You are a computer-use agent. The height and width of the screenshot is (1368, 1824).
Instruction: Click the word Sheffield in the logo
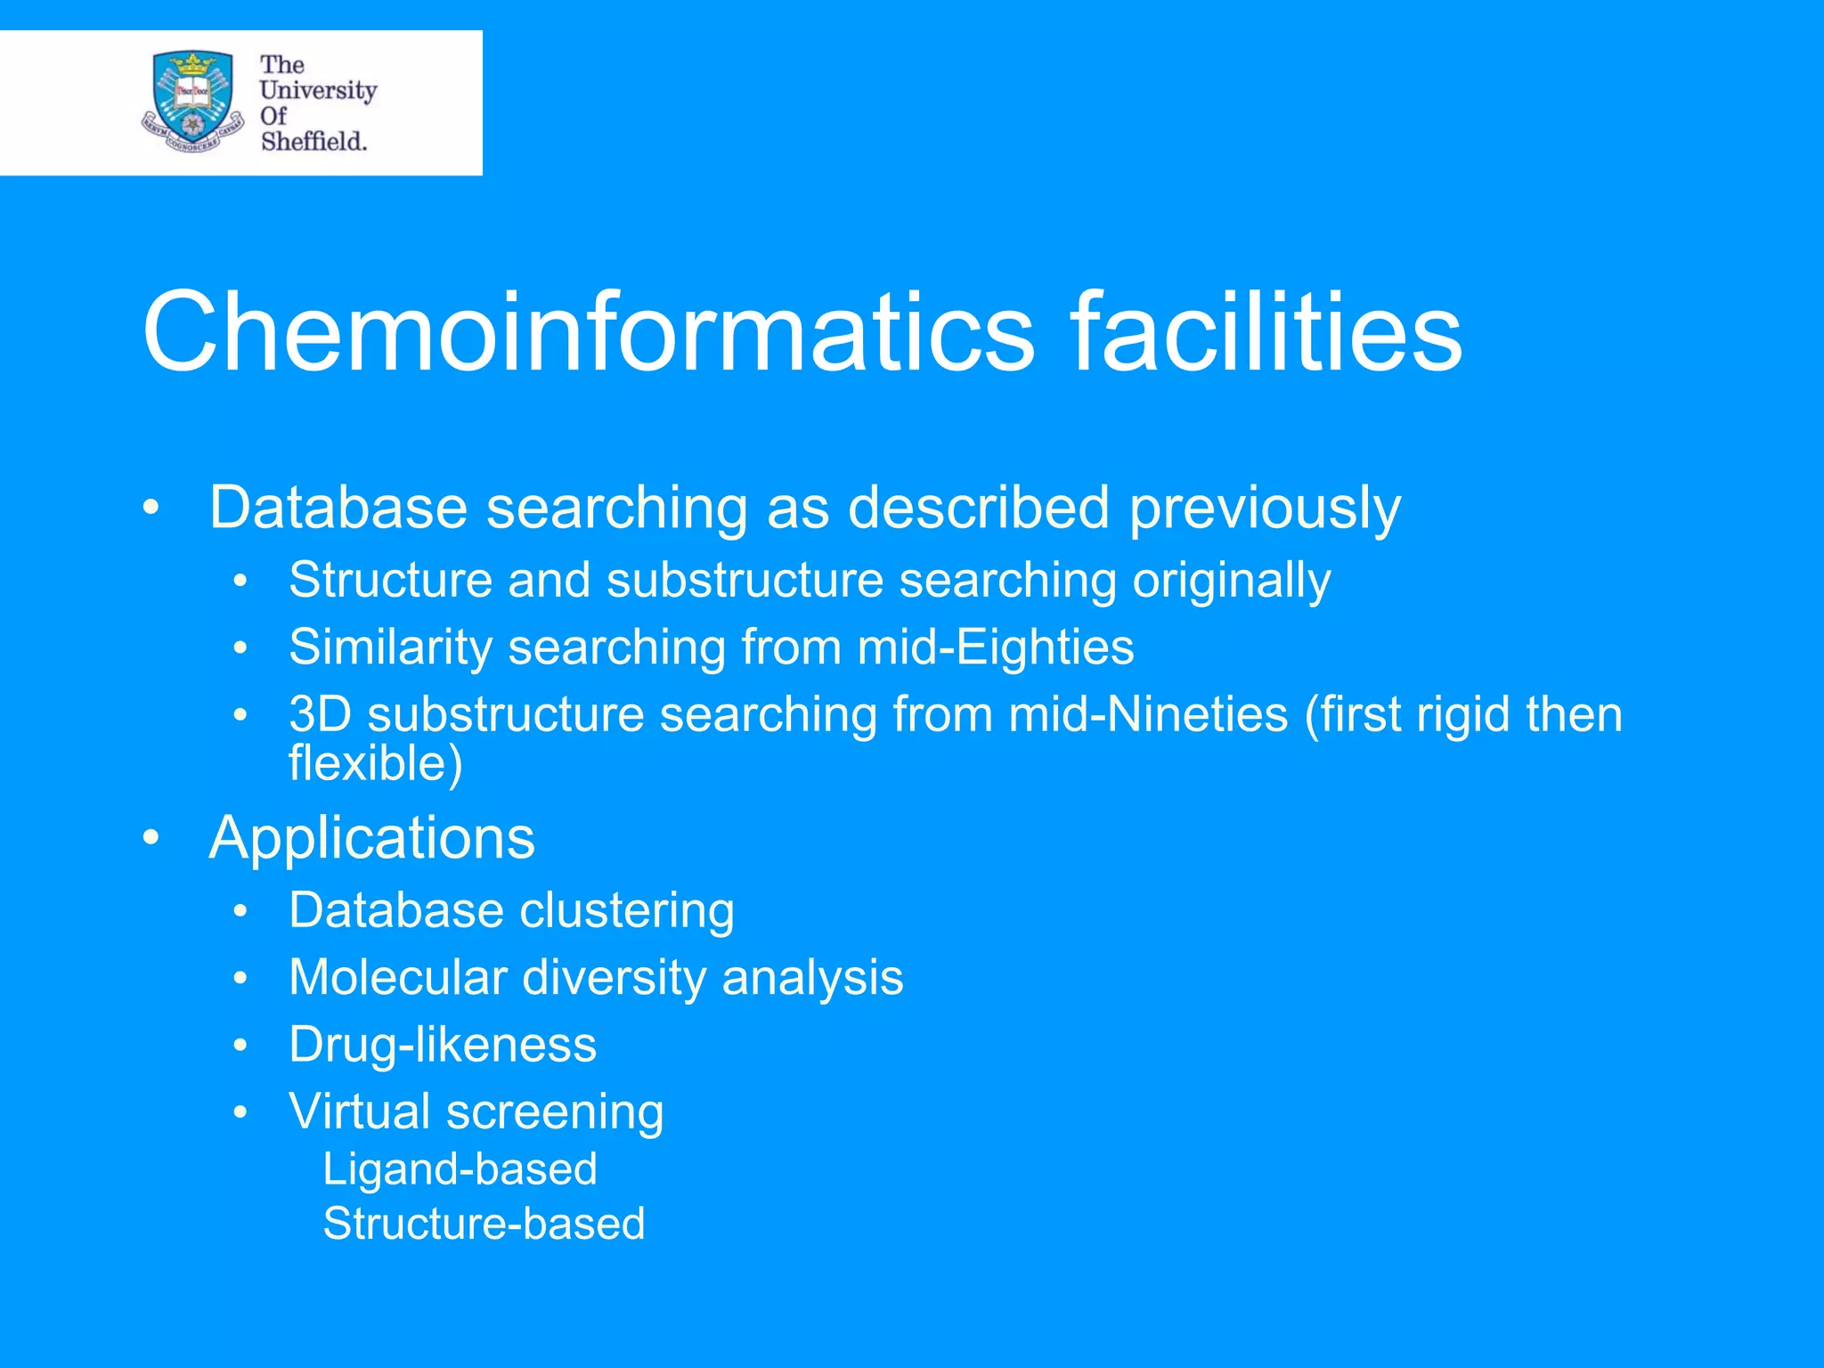313,141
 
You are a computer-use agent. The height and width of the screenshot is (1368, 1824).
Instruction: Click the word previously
1266,509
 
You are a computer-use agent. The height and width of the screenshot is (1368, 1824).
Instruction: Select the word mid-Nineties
1148,714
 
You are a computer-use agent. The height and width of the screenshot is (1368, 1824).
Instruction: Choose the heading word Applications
372,838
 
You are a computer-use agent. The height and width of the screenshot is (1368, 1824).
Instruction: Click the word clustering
627,911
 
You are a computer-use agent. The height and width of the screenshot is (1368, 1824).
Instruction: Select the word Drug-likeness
443,1045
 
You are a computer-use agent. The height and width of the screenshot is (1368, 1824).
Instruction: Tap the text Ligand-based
460,1169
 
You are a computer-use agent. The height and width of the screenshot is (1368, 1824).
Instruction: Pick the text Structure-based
484,1224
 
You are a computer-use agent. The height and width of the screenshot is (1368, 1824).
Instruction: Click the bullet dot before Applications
151,839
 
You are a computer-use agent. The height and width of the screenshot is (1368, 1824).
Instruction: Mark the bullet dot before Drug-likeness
240,1047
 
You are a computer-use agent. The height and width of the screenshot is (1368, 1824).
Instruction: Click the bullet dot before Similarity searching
240,650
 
